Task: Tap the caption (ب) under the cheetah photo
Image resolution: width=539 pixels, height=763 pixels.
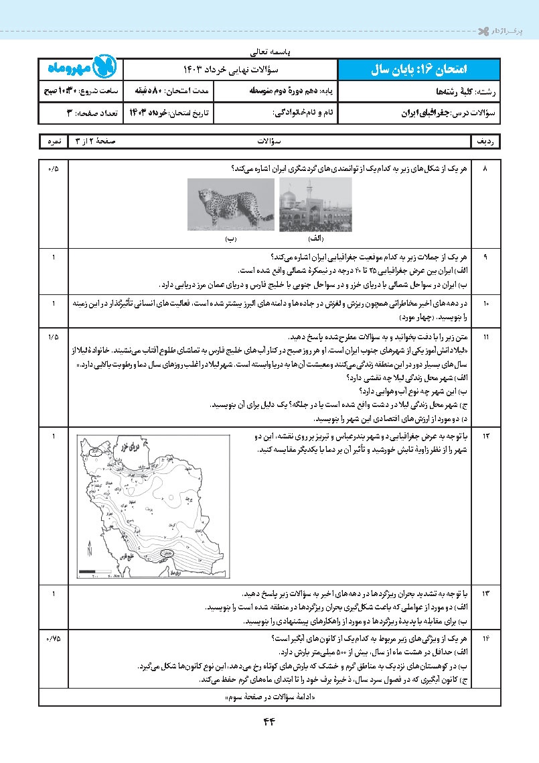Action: click(230, 238)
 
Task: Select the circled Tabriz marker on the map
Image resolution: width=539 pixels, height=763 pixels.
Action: click(96, 451)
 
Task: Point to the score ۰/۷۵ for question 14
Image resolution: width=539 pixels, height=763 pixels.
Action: click(54, 638)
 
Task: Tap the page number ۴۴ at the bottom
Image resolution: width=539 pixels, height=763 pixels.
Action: click(269, 721)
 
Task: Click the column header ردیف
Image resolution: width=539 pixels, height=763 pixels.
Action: click(487, 142)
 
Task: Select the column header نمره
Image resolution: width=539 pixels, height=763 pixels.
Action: click(54, 142)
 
